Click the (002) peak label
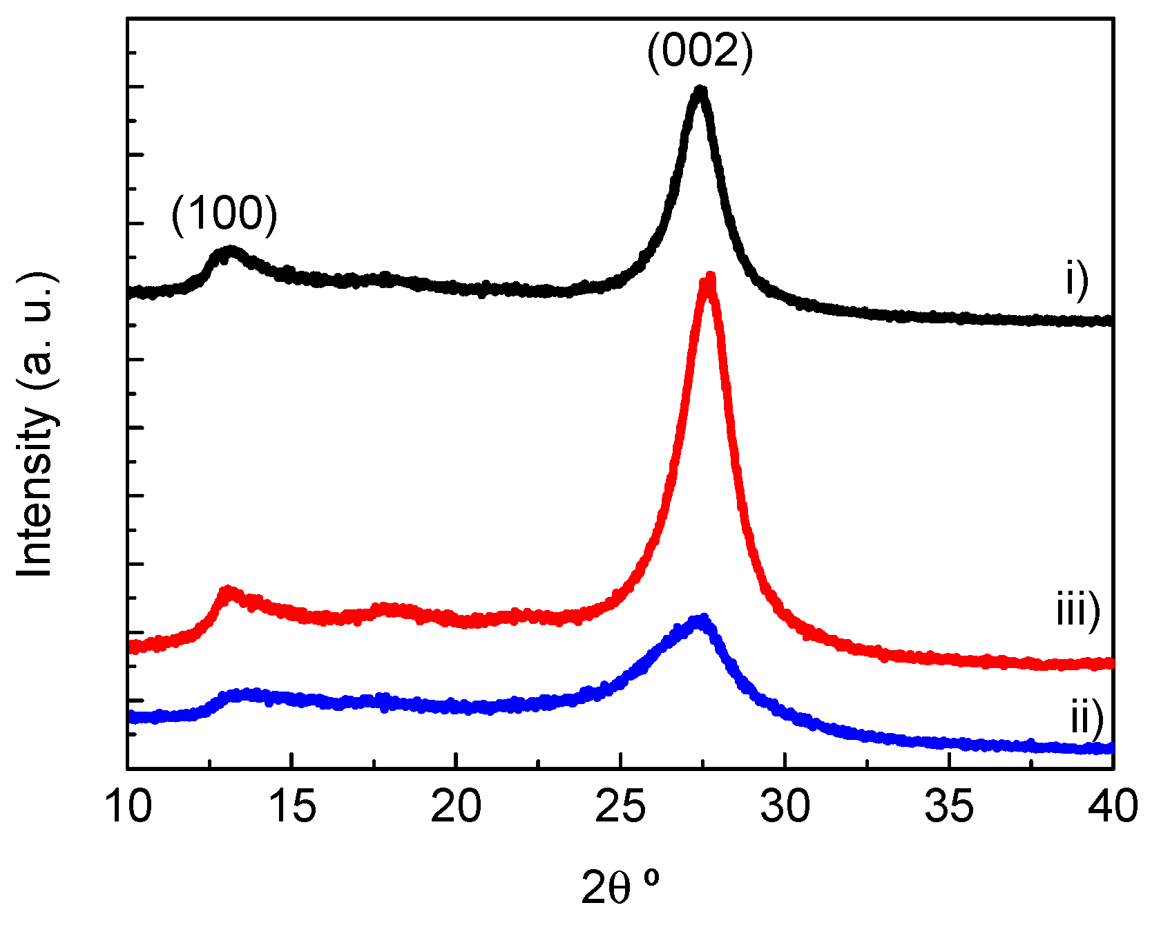(700, 52)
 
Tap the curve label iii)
(1077, 610)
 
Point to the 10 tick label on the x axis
(128, 806)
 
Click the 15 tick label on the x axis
(293, 806)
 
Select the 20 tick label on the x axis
(457, 806)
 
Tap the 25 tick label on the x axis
(621, 806)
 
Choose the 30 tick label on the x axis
(785, 806)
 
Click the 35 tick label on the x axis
(950, 806)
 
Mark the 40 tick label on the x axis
(1113, 806)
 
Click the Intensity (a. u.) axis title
(36, 425)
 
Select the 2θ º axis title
(620, 887)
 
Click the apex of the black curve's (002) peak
(700, 91)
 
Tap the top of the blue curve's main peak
(702, 618)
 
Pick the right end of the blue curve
(1111, 748)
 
